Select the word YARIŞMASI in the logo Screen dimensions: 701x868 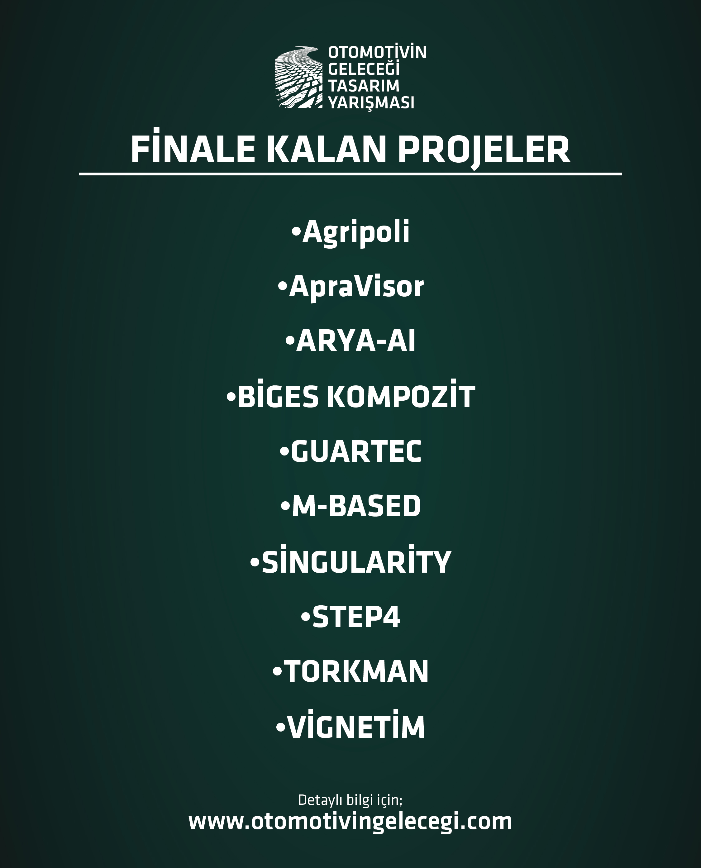(x=371, y=103)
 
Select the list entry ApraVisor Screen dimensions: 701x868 (x=356, y=288)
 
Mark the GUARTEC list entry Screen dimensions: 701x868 (x=356, y=451)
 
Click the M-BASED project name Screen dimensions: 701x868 (x=356, y=506)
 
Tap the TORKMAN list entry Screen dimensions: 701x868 (x=356, y=671)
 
